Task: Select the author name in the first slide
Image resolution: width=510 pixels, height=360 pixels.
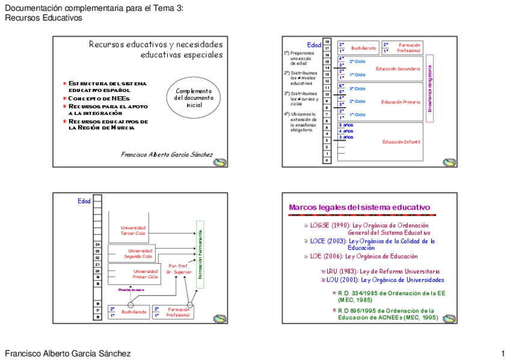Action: pos(167,154)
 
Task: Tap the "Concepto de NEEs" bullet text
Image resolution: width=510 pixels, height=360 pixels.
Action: pos(99,98)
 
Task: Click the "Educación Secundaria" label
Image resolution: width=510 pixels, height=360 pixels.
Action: pos(398,69)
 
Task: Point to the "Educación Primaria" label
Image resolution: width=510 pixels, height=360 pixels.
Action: pos(401,102)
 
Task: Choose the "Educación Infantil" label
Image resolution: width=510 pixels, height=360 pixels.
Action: pos(401,142)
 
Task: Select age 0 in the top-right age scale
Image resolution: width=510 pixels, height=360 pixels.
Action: pos(327,160)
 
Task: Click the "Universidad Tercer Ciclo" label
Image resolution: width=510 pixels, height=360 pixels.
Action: pos(133,231)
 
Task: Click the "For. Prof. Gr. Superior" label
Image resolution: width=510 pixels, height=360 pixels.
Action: pos(179,269)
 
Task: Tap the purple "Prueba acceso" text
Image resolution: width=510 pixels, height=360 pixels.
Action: pos(130,290)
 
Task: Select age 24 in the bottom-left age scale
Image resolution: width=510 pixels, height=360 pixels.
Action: pos(97,245)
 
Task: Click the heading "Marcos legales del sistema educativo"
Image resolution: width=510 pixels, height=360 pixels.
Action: pos(359,208)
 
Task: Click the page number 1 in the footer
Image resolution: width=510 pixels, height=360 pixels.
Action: pos(502,353)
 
